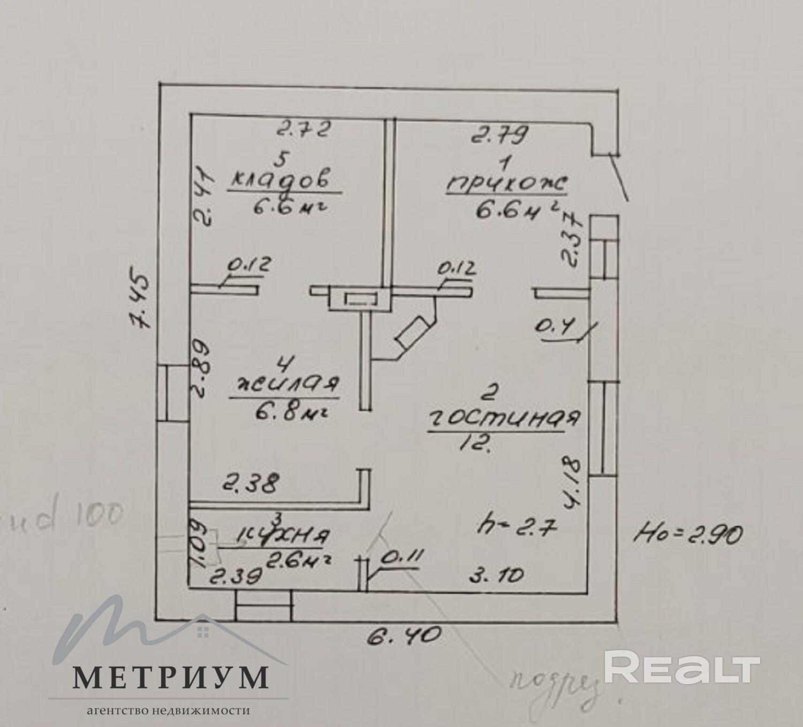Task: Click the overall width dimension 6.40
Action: tap(405, 636)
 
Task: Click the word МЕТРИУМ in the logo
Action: tap(170, 678)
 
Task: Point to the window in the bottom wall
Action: tap(264, 605)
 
